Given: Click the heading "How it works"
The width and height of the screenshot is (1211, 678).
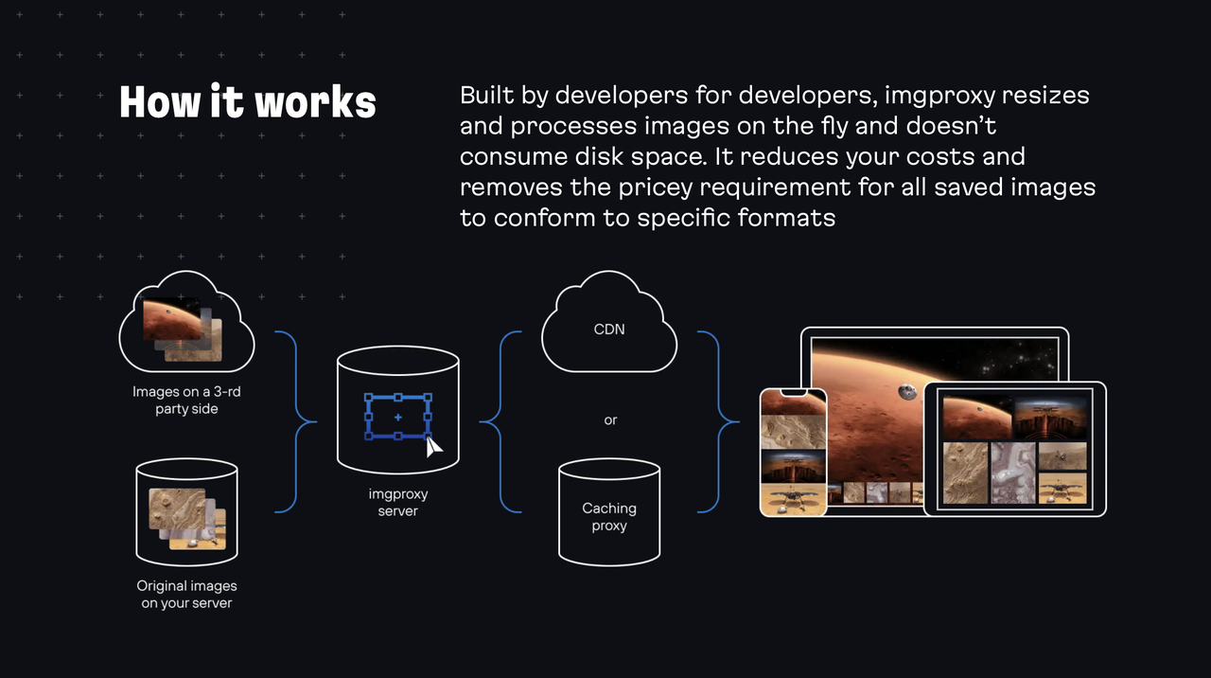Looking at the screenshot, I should click(248, 102).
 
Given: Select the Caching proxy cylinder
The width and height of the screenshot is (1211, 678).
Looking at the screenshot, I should click(609, 512).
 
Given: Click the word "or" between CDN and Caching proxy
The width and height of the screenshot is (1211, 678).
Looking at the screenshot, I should click(610, 419).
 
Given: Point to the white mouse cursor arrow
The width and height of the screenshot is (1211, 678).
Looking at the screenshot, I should click(433, 447).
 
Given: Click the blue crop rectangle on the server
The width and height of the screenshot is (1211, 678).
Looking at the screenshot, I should click(397, 417).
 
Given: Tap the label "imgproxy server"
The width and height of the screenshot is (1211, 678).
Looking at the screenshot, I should click(397, 503).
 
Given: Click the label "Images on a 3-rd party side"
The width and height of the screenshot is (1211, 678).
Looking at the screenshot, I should click(186, 400).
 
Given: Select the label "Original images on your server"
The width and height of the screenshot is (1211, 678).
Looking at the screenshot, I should click(186, 595).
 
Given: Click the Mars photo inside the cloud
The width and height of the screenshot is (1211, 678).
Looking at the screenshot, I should click(172, 319).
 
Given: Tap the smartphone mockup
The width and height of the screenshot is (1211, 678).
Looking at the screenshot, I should click(793, 453).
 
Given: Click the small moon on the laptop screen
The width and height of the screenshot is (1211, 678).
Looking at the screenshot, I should click(907, 389).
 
